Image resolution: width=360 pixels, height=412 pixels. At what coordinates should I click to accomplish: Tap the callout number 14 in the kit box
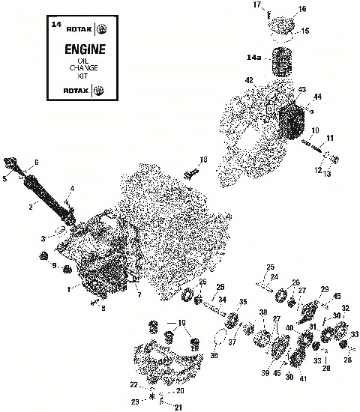[x=55, y=25]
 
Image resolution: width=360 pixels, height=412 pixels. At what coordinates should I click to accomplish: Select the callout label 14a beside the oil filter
[x=253, y=57]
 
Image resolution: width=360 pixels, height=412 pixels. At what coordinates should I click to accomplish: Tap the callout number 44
[x=317, y=97]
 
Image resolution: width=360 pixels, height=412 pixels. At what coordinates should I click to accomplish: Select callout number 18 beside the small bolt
[x=203, y=160]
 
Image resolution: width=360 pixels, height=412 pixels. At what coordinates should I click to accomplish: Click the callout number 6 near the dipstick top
[x=36, y=163]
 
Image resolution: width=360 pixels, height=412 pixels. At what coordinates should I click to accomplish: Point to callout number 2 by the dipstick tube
[x=31, y=205]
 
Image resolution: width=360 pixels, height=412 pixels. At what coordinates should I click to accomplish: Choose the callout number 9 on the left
[x=54, y=266]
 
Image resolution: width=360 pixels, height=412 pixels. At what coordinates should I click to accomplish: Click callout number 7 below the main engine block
[x=138, y=294]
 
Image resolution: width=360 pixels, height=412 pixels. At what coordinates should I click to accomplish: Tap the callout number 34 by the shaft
[x=222, y=300]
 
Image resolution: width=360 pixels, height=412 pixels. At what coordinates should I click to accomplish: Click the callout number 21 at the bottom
[x=178, y=408]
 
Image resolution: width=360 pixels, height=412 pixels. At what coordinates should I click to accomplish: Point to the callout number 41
[x=303, y=379]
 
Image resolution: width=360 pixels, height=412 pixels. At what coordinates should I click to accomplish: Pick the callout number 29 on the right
[x=324, y=289]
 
